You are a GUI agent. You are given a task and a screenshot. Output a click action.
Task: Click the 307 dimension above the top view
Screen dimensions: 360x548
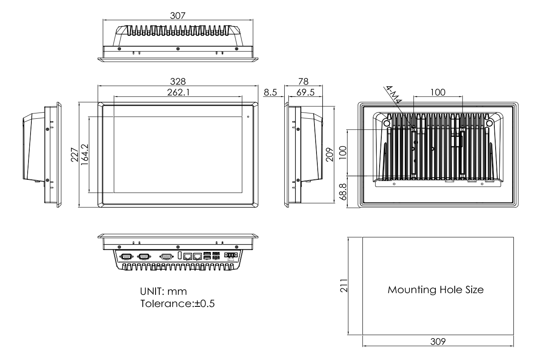tap(178, 15)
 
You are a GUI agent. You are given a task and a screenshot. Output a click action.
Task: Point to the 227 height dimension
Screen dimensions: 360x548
tap(74, 155)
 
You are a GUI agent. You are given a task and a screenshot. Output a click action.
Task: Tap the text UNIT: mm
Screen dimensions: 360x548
tap(164, 292)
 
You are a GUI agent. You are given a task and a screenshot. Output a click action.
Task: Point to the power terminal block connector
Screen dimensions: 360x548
tap(231, 255)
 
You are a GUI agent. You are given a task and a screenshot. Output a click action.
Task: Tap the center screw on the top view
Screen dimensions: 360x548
tap(178, 49)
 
